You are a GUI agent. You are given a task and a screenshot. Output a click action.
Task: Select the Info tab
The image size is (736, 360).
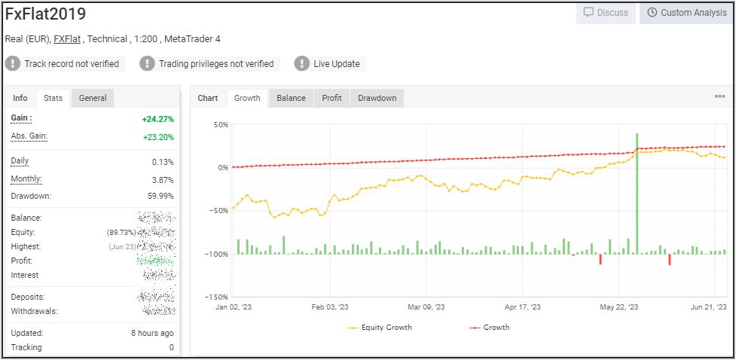click(x=20, y=98)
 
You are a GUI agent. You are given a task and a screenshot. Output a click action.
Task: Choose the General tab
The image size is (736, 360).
click(x=93, y=98)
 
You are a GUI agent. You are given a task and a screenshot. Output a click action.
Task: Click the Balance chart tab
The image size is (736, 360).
click(x=291, y=98)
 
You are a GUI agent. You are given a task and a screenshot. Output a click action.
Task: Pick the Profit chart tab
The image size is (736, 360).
click(x=331, y=98)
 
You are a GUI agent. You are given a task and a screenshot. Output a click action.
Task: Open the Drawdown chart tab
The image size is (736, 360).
click(x=377, y=98)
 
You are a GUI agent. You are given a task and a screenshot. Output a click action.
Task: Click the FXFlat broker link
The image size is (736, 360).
click(x=68, y=39)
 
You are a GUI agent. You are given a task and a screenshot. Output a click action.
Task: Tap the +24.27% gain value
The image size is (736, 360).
click(x=157, y=119)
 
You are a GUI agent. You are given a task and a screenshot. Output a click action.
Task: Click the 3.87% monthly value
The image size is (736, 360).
click(x=162, y=180)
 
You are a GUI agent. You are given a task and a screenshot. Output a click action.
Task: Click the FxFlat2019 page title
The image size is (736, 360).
click(x=45, y=14)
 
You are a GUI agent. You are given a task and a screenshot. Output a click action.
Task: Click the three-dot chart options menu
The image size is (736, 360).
click(x=719, y=96)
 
